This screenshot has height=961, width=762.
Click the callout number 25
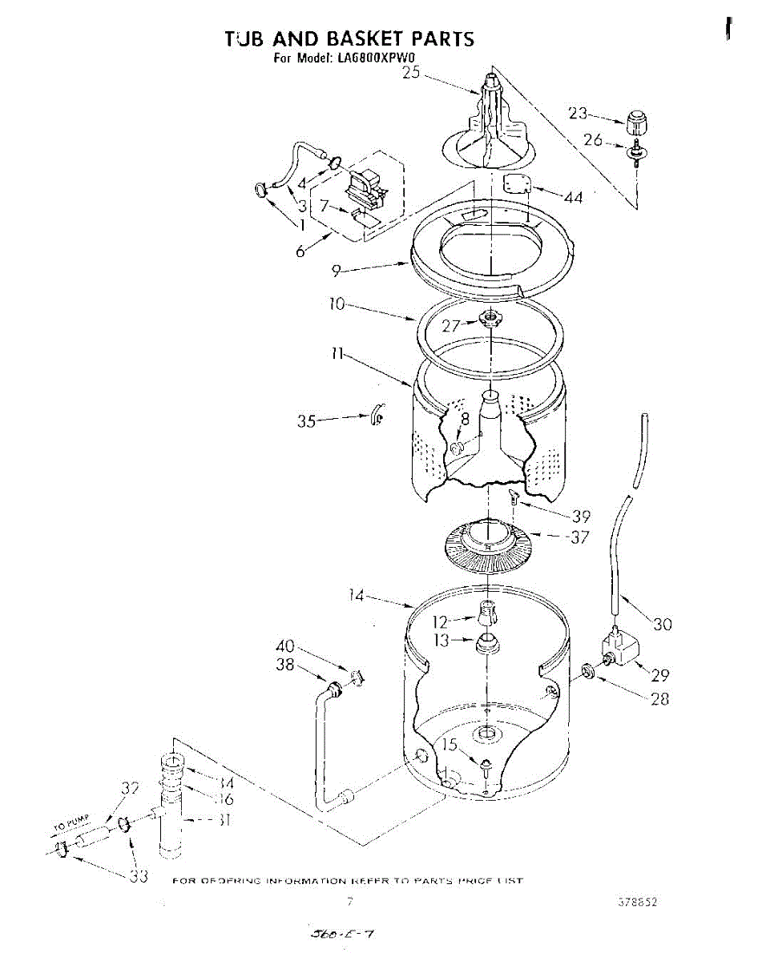tap(411, 73)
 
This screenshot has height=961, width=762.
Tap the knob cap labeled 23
tap(636, 125)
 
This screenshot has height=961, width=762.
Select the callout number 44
tap(573, 197)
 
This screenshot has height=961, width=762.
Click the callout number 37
tap(579, 537)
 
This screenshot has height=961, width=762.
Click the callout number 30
tap(662, 625)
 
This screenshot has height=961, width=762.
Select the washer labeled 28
tap(588, 669)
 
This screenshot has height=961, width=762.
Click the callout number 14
tap(357, 595)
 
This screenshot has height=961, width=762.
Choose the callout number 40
tap(285, 646)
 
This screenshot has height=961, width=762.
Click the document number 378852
tap(637, 902)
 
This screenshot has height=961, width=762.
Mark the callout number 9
tap(342, 272)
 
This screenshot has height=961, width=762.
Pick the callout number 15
tap(451, 745)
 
